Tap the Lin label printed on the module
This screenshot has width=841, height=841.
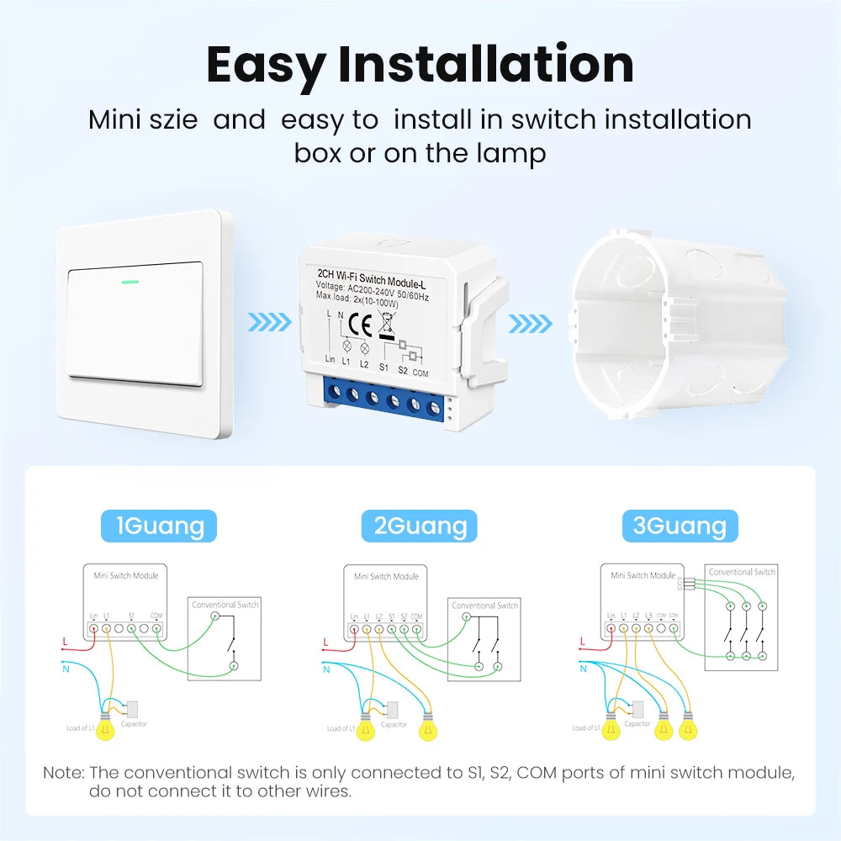tap(331, 359)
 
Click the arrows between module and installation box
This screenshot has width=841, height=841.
tap(532, 323)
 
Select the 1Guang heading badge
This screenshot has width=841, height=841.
tap(159, 526)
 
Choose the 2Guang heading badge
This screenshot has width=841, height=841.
tap(419, 526)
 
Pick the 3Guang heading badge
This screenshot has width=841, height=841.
tap(680, 526)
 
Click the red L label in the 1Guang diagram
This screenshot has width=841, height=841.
tap(66, 642)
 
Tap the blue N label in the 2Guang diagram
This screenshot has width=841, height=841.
tap(325, 669)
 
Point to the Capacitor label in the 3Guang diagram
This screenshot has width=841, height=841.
tap(637, 723)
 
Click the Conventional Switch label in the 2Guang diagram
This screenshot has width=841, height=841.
tap(484, 605)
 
